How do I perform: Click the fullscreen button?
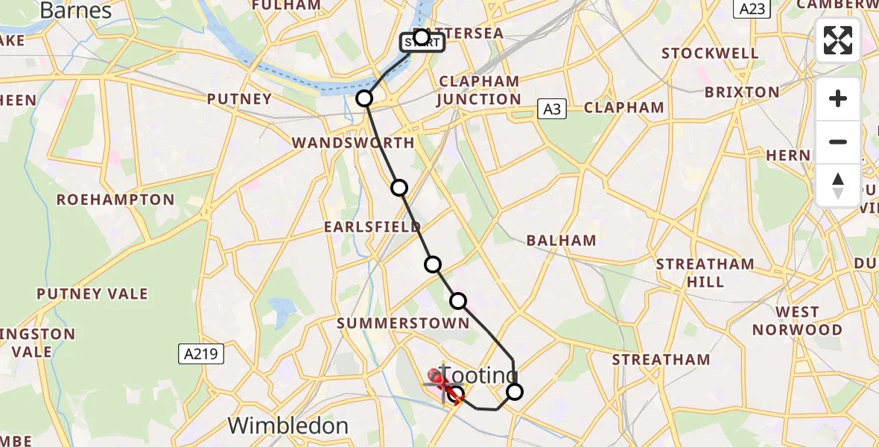tap(838, 40)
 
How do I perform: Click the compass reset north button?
tap(838, 186)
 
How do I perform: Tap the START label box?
tap(422, 43)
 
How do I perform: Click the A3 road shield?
tap(550, 110)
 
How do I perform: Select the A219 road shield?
tap(202, 354)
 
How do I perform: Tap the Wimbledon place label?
tap(288, 425)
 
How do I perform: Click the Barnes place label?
tap(75, 10)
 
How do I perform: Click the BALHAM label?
tap(561, 240)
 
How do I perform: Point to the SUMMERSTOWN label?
tap(403, 323)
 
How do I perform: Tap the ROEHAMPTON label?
tap(115, 200)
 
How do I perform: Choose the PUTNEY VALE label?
tap(92, 294)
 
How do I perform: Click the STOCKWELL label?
tap(710, 54)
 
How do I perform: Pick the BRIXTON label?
tap(741, 92)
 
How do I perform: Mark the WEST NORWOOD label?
tap(797, 321)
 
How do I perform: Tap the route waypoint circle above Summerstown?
tap(458, 301)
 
